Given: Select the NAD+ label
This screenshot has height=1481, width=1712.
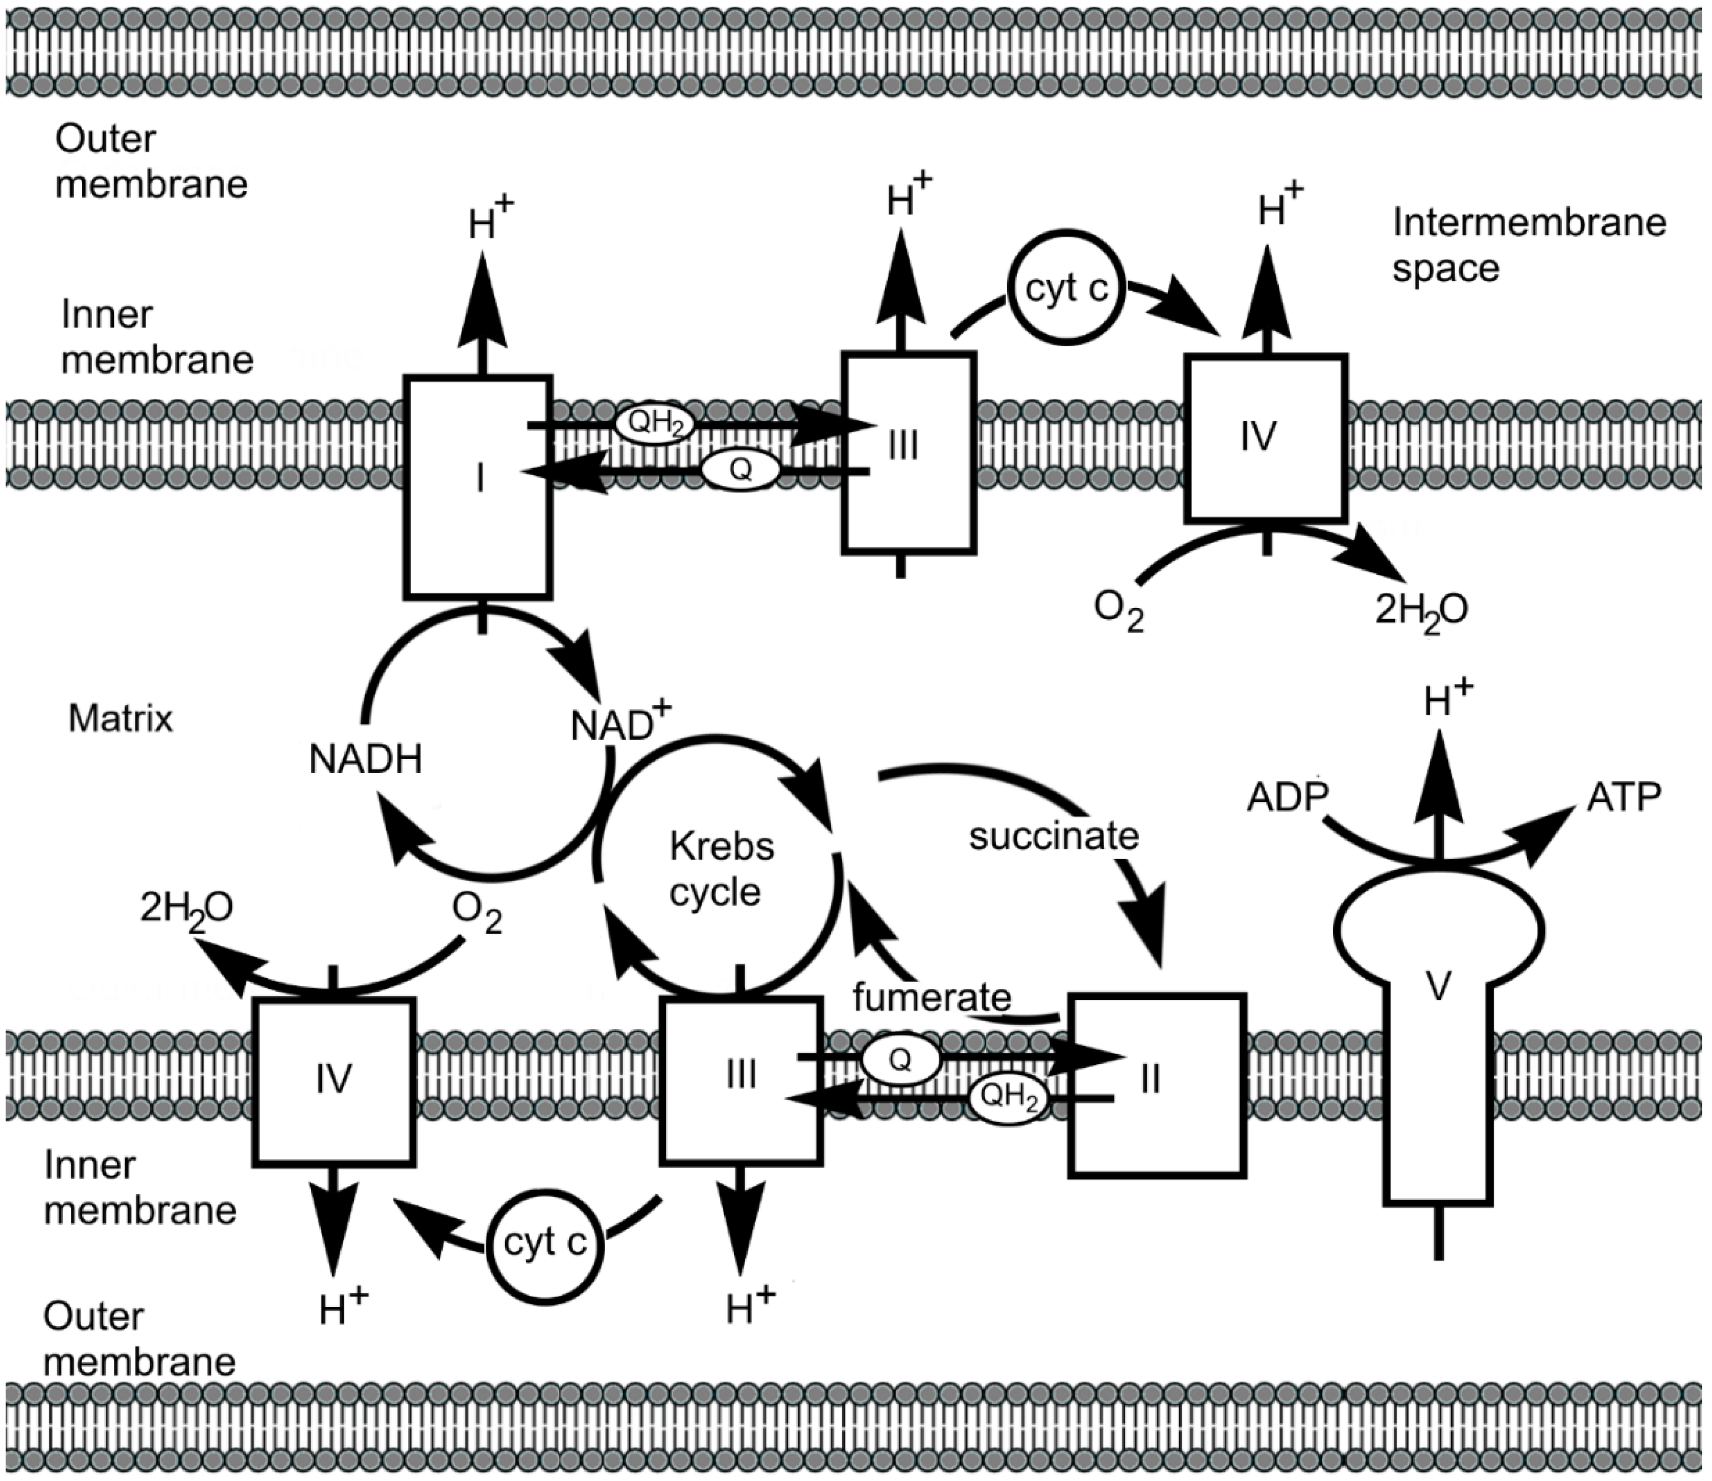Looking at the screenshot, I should [620, 725].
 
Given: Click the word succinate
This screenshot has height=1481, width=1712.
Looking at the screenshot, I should [1054, 836].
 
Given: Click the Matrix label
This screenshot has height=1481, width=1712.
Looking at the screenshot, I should [121, 718].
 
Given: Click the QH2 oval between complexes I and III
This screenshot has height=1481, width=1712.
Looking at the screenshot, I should [653, 424].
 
